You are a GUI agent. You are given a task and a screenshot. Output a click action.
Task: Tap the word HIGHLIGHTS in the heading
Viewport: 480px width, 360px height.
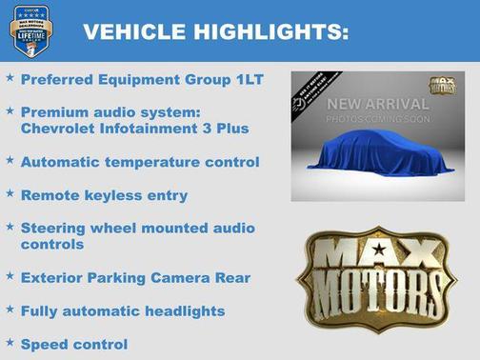(x=268, y=32)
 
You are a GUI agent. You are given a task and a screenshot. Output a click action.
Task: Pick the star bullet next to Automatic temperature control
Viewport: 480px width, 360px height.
(x=10, y=161)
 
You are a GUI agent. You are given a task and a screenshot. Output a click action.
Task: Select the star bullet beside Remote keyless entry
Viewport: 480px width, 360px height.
(x=10, y=194)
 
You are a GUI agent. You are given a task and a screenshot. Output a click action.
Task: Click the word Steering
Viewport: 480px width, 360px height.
(x=53, y=229)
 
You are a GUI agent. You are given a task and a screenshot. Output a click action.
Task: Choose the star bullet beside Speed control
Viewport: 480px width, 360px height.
(x=10, y=342)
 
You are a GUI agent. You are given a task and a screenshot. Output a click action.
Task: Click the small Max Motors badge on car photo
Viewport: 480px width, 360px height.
(x=442, y=86)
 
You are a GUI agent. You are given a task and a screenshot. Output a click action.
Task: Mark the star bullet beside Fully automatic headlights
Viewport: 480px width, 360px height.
(x=10, y=310)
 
